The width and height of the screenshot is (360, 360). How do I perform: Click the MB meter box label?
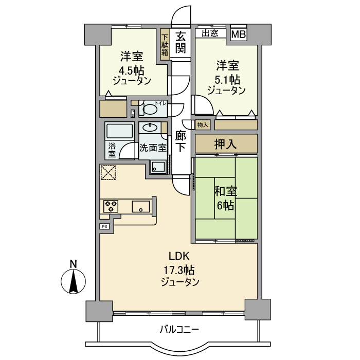pos(238,34)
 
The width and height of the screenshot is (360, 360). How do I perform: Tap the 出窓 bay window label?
pos(210,34)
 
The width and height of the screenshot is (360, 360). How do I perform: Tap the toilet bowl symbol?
pos(150,109)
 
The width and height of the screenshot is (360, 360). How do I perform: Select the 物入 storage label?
pos(202,125)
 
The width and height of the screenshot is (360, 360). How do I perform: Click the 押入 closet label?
pos(225,144)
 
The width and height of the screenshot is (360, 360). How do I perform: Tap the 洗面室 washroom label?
pos(153,148)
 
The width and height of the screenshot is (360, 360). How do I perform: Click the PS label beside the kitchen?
pos(104,226)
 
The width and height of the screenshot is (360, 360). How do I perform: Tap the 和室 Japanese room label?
pos(225,191)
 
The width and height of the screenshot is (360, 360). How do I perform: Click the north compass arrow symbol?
pos(73,281)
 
